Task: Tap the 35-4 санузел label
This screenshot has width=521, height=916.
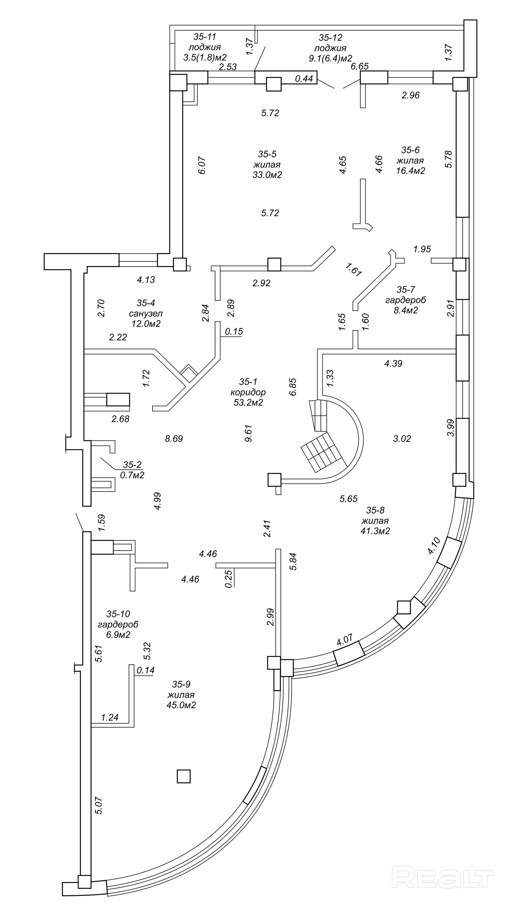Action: coord(146,313)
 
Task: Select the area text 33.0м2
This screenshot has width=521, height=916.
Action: coord(267,175)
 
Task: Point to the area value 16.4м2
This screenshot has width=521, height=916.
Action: coord(410,171)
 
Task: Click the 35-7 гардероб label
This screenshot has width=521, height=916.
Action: coord(405,300)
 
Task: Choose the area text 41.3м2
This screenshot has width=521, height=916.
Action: coord(375,531)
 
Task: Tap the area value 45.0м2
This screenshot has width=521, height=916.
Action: coord(181,705)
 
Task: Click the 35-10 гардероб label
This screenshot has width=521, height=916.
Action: coord(118,624)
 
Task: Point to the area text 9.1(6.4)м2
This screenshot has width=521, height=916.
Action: coord(330,58)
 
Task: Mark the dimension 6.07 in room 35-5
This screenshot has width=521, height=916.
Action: coord(202,165)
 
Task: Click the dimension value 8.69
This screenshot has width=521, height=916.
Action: coord(174,439)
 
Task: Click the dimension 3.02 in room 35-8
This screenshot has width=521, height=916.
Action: coord(402,439)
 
